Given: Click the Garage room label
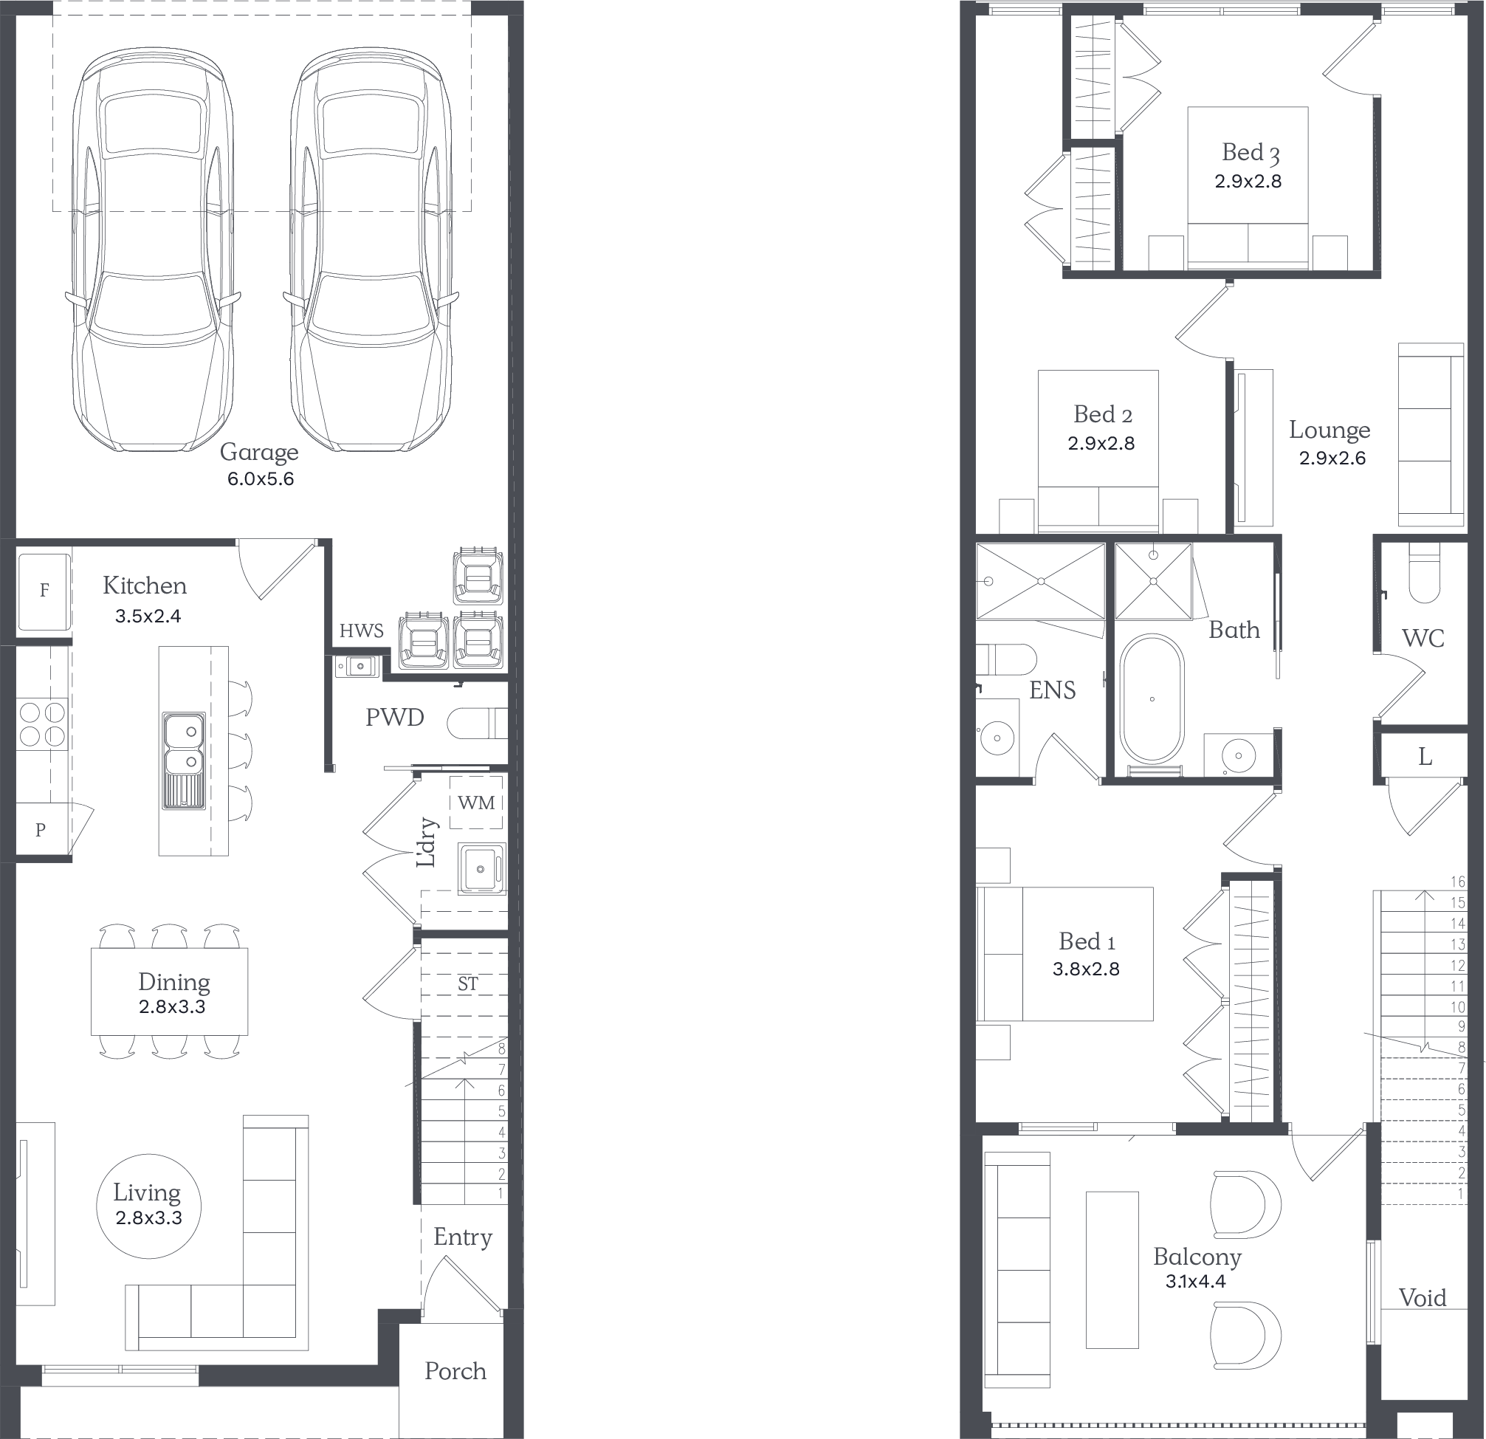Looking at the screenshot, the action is (x=259, y=453).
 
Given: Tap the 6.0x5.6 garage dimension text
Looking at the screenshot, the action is (x=260, y=479).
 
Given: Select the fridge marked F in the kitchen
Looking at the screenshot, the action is (x=44, y=591).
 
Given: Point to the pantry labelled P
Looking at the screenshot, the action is (x=41, y=830).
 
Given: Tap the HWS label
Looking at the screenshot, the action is (x=362, y=631).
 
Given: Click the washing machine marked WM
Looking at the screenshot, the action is (x=476, y=802).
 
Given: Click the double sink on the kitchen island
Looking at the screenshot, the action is (x=184, y=760).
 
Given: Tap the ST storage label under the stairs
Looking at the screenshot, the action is (x=468, y=984).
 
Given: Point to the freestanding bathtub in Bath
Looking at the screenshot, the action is (x=1152, y=699).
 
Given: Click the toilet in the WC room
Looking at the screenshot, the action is (x=1424, y=572).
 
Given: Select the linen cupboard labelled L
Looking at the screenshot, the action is (x=1425, y=757).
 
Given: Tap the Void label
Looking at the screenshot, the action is (x=1423, y=1298).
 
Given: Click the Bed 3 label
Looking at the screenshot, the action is (x=1251, y=153).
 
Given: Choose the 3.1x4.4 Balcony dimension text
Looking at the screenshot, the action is (x=1196, y=1281).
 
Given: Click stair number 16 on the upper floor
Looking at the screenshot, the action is (x=1457, y=882).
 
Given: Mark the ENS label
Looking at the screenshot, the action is (x=1053, y=690).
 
